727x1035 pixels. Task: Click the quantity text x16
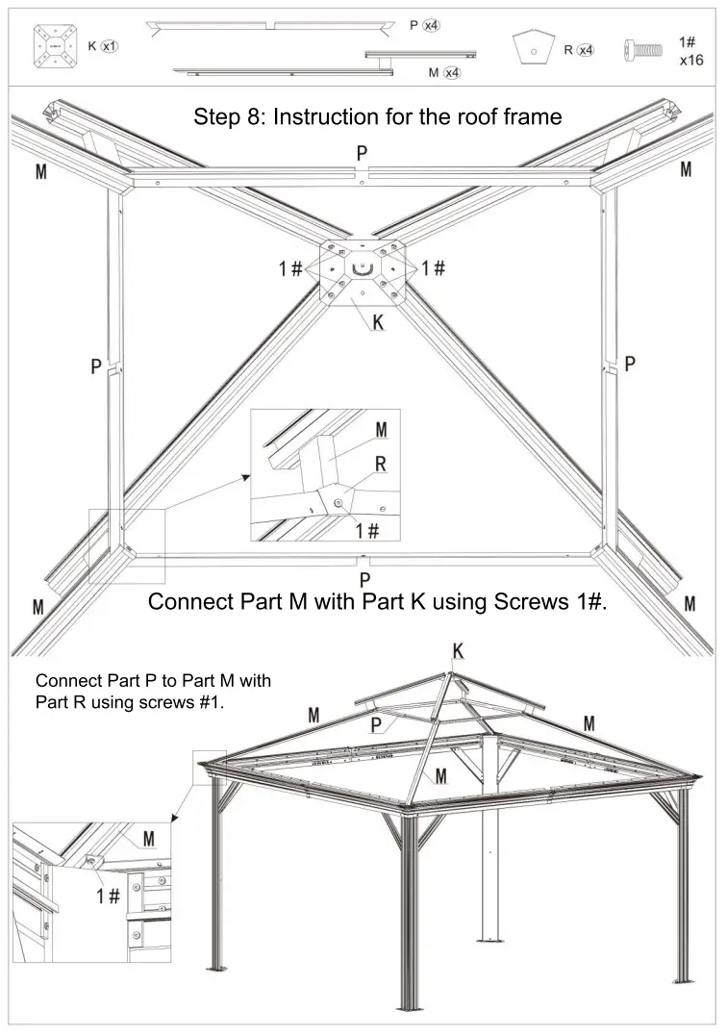point(690,60)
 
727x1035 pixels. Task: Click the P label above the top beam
point(362,153)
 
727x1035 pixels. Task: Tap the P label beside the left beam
point(96,366)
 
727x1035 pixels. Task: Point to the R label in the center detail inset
point(380,465)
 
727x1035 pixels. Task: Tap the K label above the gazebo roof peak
point(459,652)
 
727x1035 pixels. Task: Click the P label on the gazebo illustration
point(377,724)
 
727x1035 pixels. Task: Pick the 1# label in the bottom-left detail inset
point(108,896)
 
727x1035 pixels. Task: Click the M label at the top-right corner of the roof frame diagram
point(686,170)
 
